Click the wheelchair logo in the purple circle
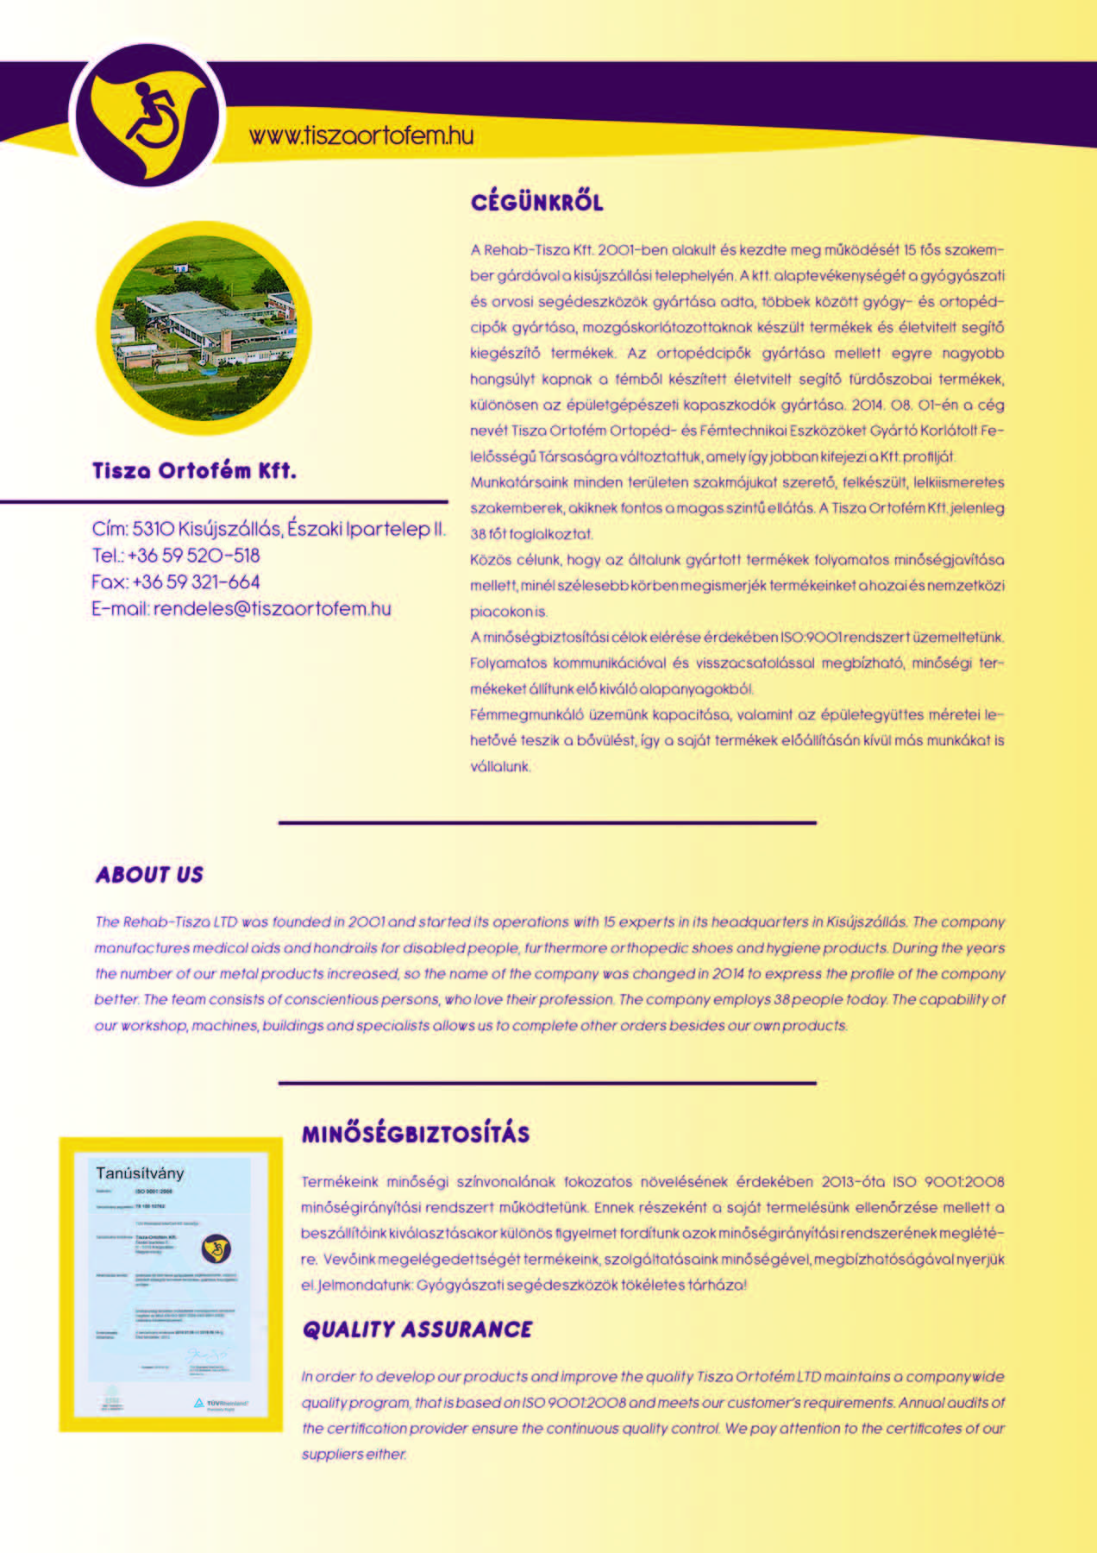148,115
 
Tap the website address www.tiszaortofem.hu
361,135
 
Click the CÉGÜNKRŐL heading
536,203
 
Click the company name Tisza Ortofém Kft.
194,471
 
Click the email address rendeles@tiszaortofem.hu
272,609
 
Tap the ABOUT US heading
149,875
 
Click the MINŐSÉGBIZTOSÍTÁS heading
416,1134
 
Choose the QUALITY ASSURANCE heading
417,1330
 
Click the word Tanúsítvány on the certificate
140,1173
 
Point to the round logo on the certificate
215,1248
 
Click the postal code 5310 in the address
153,529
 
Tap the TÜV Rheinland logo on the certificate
221,1404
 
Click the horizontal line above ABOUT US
547,823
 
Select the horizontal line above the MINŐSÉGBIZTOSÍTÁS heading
547,1083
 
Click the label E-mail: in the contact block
120,609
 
